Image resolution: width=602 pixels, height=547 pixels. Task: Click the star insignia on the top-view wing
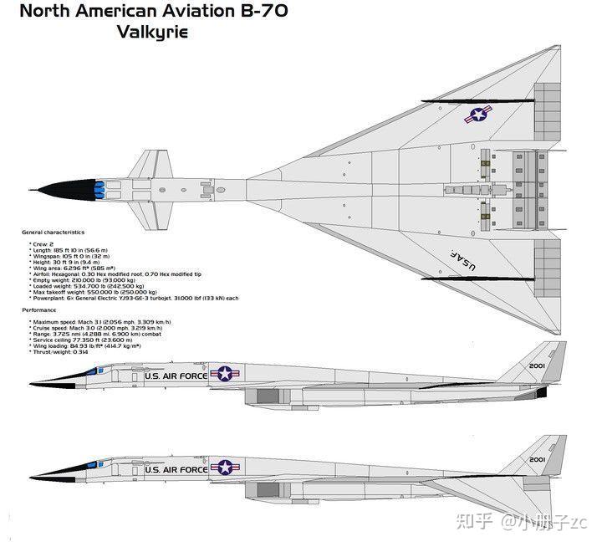pyautogui.click(x=477, y=116)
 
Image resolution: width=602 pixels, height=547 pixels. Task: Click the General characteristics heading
pyautogui.click(x=53, y=232)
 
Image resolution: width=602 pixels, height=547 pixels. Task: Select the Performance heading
pyautogui.click(x=39, y=309)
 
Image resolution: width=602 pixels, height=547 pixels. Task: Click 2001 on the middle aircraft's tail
pyautogui.click(x=538, y=366)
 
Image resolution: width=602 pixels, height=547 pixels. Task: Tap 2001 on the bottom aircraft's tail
pyautogui.click(x=538, y=459)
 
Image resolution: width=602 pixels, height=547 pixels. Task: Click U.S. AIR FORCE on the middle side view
pyautogui.click(x=175, y=376)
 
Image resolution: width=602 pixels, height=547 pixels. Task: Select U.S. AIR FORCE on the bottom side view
pyautogui.click(x=175, y=469)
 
